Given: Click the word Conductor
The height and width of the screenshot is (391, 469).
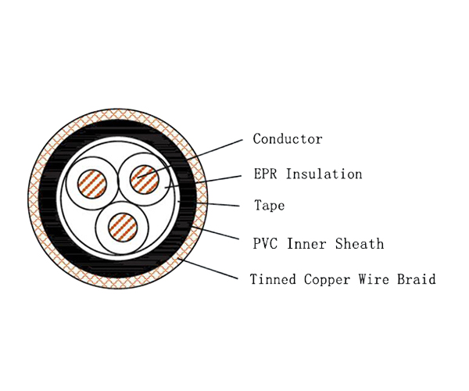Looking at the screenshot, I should pyautogui.click(x=288, y=139).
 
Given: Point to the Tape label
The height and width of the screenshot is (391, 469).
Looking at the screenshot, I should pyautogui.click(x=269, y=206).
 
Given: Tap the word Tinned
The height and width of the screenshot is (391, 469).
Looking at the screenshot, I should pyautogui.click(x=272, y=279).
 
